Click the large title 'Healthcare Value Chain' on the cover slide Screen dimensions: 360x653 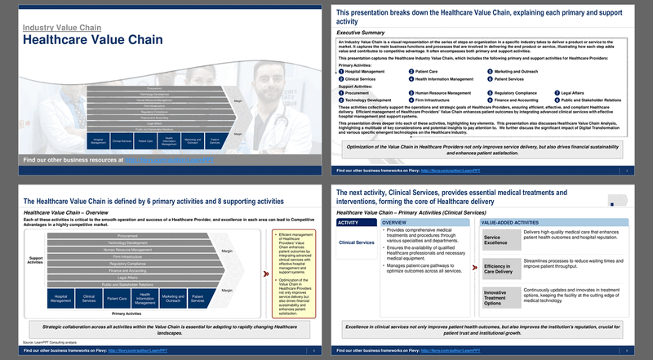92,40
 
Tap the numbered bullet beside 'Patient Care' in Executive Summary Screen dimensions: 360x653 411,72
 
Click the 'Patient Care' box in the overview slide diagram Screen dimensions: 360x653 117,299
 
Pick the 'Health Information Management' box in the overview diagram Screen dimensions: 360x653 144,299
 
